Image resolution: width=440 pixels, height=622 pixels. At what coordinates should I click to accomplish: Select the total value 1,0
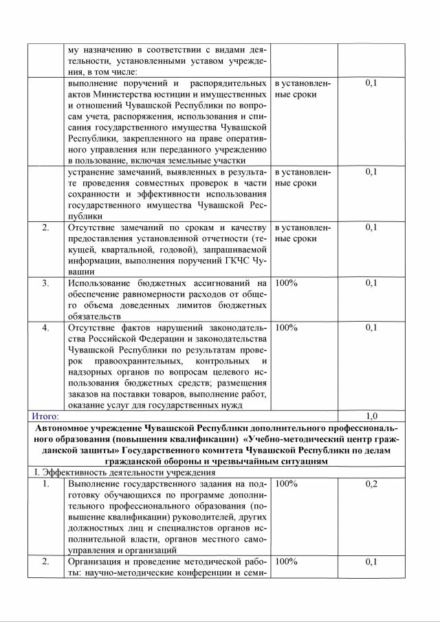pos(371,416)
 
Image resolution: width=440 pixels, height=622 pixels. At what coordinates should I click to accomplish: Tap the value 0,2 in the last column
pos(371,484)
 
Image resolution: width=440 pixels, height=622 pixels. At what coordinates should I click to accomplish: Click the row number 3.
pos(45,282)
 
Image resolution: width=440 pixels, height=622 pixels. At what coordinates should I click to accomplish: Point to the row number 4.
pos(45,327)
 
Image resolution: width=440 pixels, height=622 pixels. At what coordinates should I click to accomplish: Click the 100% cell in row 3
pos(286,282)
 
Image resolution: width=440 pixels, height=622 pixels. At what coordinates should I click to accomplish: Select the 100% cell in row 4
pos(286,327)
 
